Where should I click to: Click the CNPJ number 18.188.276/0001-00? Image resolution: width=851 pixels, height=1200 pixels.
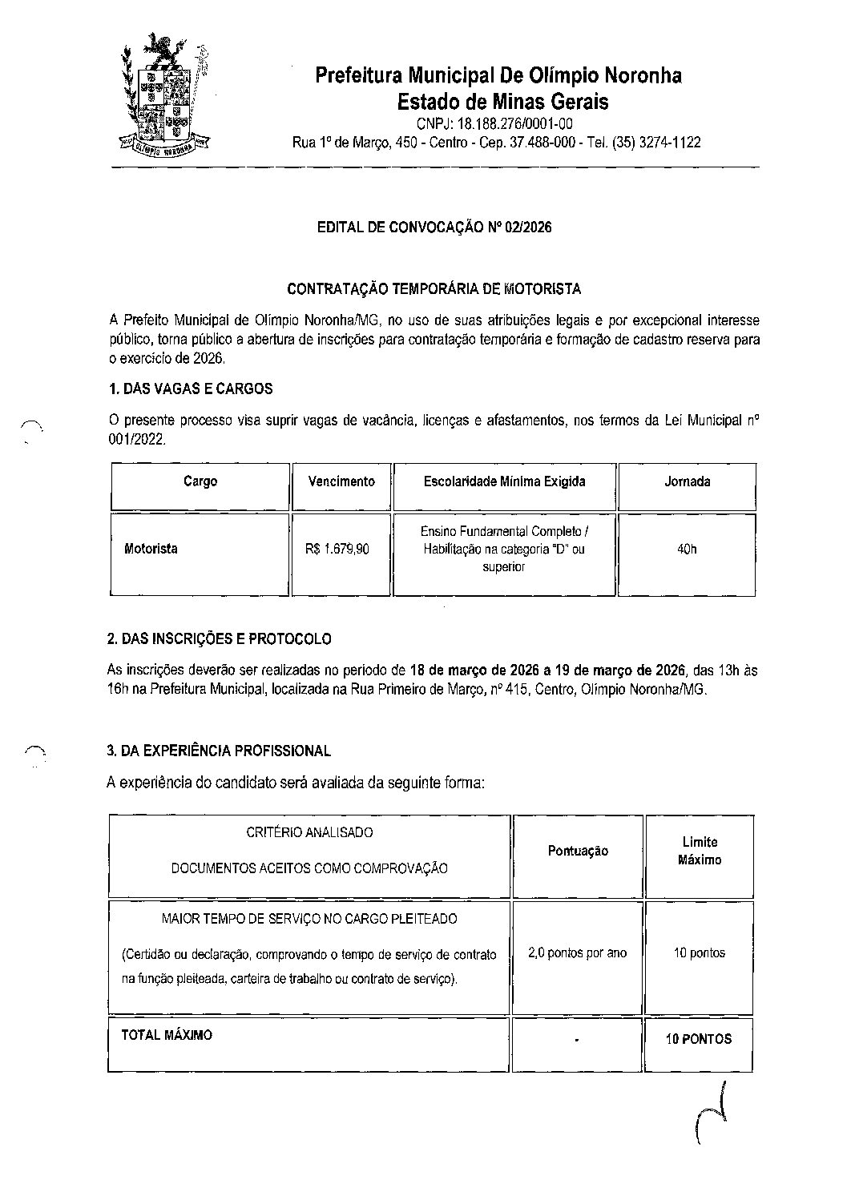(x=494, y=124)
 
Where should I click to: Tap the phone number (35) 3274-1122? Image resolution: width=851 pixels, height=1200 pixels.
(x=656, y=143)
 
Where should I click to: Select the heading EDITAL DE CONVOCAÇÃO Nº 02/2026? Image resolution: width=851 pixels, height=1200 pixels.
(x=434, y=228)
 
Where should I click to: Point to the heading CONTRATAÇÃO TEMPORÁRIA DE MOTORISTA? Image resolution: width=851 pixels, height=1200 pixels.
(x=434, y=288)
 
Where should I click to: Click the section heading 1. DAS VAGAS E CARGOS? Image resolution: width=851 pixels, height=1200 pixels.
(x=190, y=389)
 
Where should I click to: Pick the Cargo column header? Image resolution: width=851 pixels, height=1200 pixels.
(x=200, y=482)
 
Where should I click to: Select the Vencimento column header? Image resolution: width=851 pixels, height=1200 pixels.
(x=341, y=482)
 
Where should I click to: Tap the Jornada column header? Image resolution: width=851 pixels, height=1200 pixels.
(x=687, y=482)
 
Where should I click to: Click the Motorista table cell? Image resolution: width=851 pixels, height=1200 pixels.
(x=151, y=550)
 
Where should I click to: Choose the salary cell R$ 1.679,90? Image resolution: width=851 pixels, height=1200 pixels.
(x=337, y=550)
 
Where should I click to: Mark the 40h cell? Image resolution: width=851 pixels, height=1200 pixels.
(x=687, y=550)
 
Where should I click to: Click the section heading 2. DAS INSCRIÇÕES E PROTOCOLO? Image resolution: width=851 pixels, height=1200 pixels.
(x=219, y=639)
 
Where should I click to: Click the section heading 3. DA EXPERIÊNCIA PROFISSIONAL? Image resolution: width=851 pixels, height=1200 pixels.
(x=219, y=751)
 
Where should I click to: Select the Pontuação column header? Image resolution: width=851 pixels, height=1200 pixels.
(x=578, y=852)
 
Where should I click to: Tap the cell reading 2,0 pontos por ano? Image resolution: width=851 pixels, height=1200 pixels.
(x=578, y=953)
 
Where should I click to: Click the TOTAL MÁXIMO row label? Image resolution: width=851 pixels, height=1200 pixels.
(x=167, y=1035)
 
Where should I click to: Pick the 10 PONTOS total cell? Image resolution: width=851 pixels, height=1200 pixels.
(x=699, y=1039)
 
